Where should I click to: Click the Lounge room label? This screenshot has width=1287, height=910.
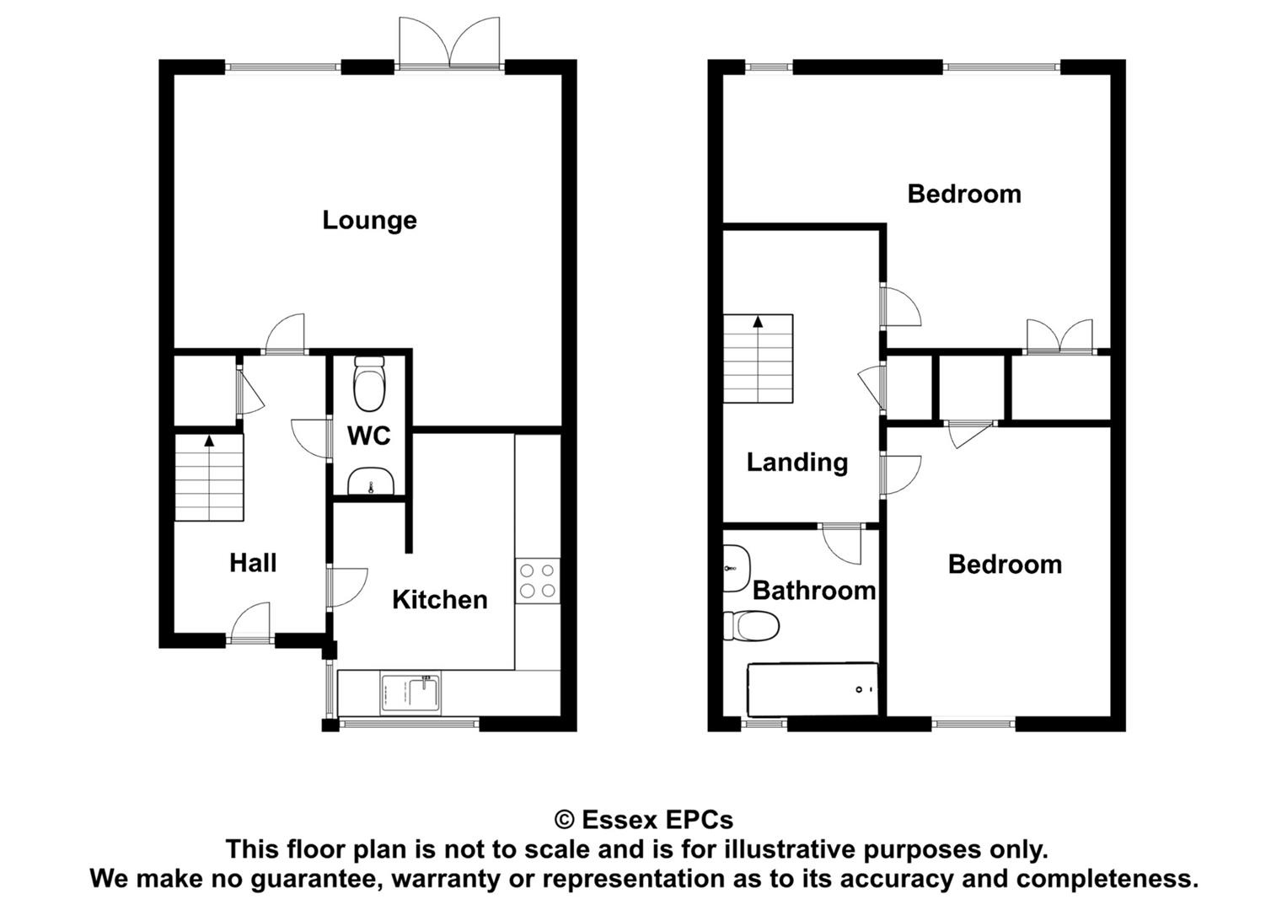coord(369,221)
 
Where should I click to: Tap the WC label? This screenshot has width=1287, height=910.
coord(369,436)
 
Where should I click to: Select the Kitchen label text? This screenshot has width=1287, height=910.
coord(439,600)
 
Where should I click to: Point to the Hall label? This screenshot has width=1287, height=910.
coord(253,563)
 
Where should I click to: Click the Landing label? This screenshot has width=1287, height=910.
coord(797,463)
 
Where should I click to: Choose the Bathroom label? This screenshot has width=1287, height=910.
coord(814,591)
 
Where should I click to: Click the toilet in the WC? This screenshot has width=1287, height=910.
coord(369,383)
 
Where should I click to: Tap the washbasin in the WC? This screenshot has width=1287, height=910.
coord(371,481)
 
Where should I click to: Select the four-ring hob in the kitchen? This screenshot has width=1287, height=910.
coord(538,581)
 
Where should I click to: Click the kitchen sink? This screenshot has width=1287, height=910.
coord(410,694)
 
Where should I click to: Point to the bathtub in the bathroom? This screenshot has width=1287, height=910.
coord(812,689)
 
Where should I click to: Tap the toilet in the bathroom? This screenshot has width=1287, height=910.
coord(751,625)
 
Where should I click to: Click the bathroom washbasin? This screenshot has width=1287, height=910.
coord(736,568)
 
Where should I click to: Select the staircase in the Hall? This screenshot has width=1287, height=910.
coord(209,478)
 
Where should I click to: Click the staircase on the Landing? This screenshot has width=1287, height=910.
coord(758,358)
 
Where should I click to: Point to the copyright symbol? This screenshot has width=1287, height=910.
coord(565,821)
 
